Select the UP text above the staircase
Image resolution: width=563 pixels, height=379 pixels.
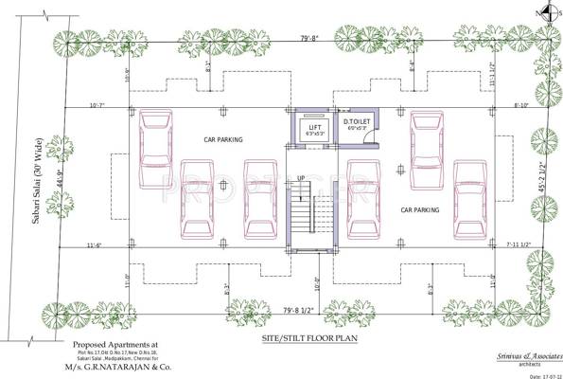pyautogui.click(x=302, y=178)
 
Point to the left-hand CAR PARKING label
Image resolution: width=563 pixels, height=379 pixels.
pyautogui.click(x=223, y=139)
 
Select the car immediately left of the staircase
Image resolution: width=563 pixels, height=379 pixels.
pyautogui.click(x=259, y=199)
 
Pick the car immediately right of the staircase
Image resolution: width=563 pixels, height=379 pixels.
pyautogui.click(x=362, y=199)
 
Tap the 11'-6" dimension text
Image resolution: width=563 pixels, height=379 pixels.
pyautogui.click(x=93, y=246)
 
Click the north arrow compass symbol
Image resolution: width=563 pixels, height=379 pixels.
pyautogui.click(x=543, y=12)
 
